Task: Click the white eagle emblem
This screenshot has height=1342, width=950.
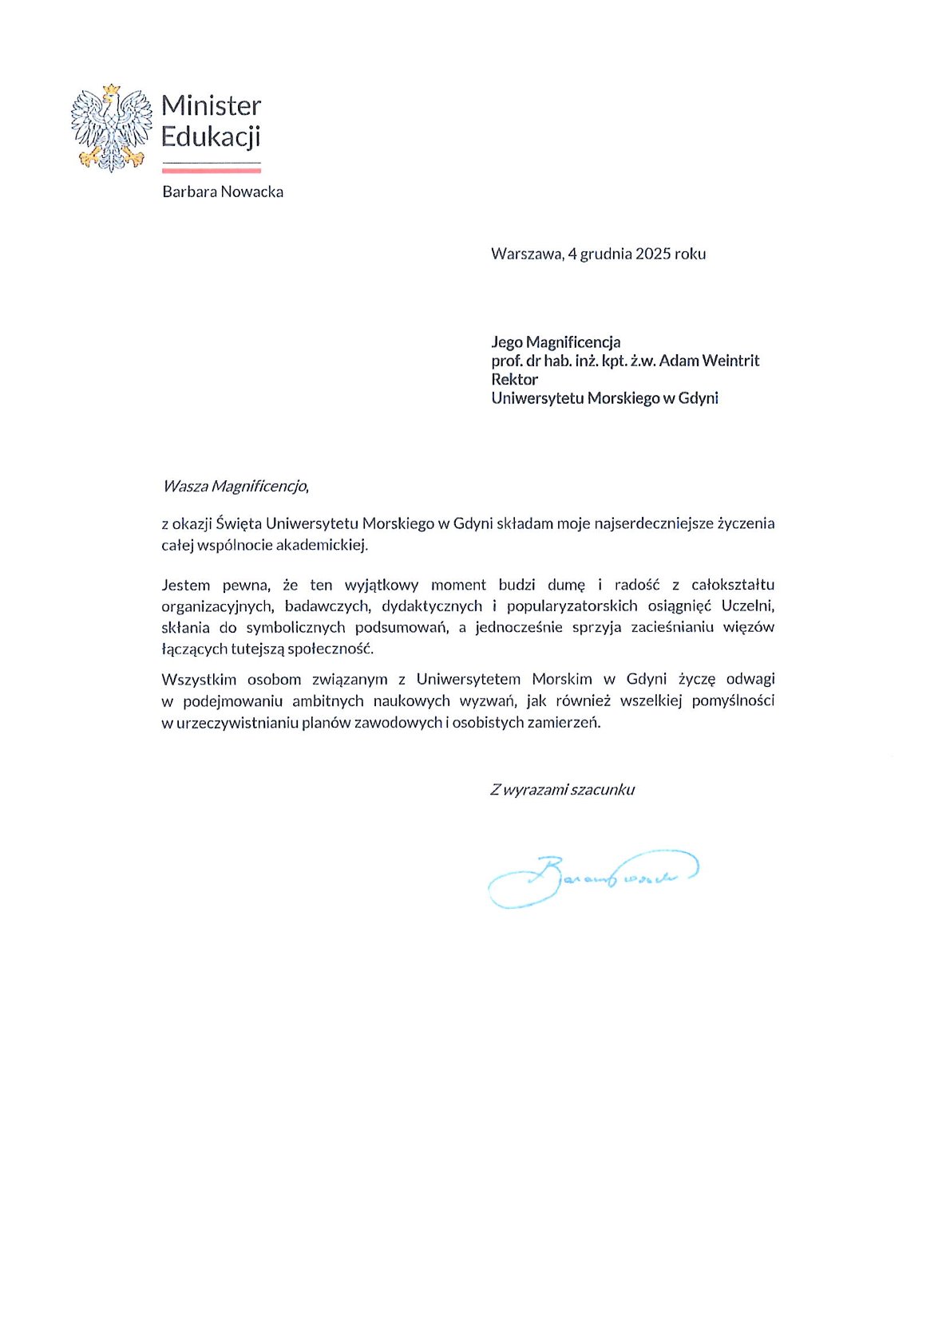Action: (x=112, y=128)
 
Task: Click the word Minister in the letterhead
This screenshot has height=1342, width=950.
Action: (x=211, y=106)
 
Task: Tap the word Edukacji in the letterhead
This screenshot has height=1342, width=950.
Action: (x=211, y=137)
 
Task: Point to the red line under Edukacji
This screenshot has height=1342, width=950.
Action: (x=211, y=169)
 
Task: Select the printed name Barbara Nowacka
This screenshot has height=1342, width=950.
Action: (x=223, y=191)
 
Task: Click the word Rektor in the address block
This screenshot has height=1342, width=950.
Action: (x=514, y=379)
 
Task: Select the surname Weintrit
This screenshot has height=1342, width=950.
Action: (x=729, y=361)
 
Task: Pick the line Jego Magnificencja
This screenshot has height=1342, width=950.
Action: (x=556, y=342)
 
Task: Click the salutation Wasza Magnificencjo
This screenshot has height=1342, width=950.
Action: (x=235, y=486)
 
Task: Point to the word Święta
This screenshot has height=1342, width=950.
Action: (x=239, y=524)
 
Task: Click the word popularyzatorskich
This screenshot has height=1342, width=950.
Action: (x=572, y=606)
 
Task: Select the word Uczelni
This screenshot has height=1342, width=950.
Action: (x=747, y=606)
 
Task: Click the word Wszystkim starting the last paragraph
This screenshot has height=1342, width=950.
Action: (x=199, y=680)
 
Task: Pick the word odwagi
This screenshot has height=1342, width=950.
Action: (x=750, y=680)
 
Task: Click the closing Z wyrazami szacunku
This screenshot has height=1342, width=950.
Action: (x=562, y=790)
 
